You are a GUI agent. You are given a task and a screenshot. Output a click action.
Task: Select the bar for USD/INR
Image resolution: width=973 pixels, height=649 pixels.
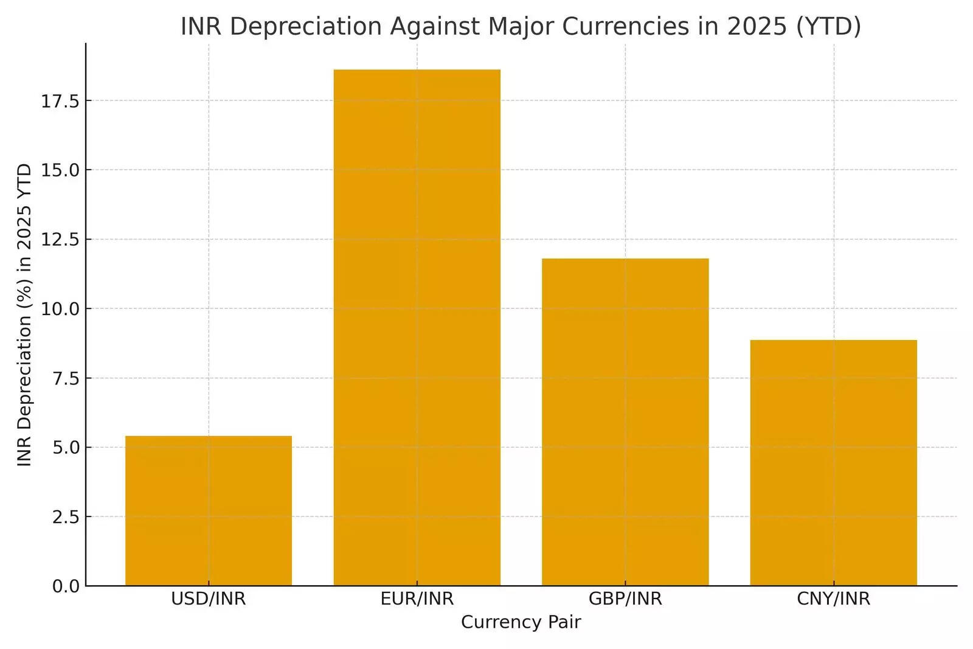(x=209, y=511)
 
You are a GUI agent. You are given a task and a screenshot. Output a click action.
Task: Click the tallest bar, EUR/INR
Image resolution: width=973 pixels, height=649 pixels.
(x=417, y=328)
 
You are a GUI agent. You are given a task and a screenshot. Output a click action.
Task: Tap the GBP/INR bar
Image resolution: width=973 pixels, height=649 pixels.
(x=625, y=422)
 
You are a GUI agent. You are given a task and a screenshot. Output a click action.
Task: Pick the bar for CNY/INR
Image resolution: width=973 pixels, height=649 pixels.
(x=833, y=462)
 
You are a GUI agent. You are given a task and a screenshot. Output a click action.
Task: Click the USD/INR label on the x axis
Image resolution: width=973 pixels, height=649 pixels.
(x=209, y=599)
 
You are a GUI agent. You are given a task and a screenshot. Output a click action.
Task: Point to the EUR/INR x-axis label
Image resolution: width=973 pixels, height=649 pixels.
(x=417, y=599)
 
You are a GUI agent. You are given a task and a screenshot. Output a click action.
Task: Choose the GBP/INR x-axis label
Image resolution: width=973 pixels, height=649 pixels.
(x=625, y=599)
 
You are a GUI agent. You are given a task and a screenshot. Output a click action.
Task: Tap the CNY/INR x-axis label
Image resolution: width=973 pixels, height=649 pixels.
(x=833, y=599)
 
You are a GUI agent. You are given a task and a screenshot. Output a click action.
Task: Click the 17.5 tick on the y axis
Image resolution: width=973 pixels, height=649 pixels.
(x=60, y=101)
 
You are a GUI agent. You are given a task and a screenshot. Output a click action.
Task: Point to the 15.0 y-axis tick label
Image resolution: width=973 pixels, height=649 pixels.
(x=60, y=170)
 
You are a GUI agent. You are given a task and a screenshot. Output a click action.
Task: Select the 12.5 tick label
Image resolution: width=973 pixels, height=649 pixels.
(x=60, y=240)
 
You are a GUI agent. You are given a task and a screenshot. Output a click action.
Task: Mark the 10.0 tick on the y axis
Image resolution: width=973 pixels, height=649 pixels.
(x=60, y=309)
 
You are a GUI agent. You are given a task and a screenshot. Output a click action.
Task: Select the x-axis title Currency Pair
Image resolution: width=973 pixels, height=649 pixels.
(x=521, y=622)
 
